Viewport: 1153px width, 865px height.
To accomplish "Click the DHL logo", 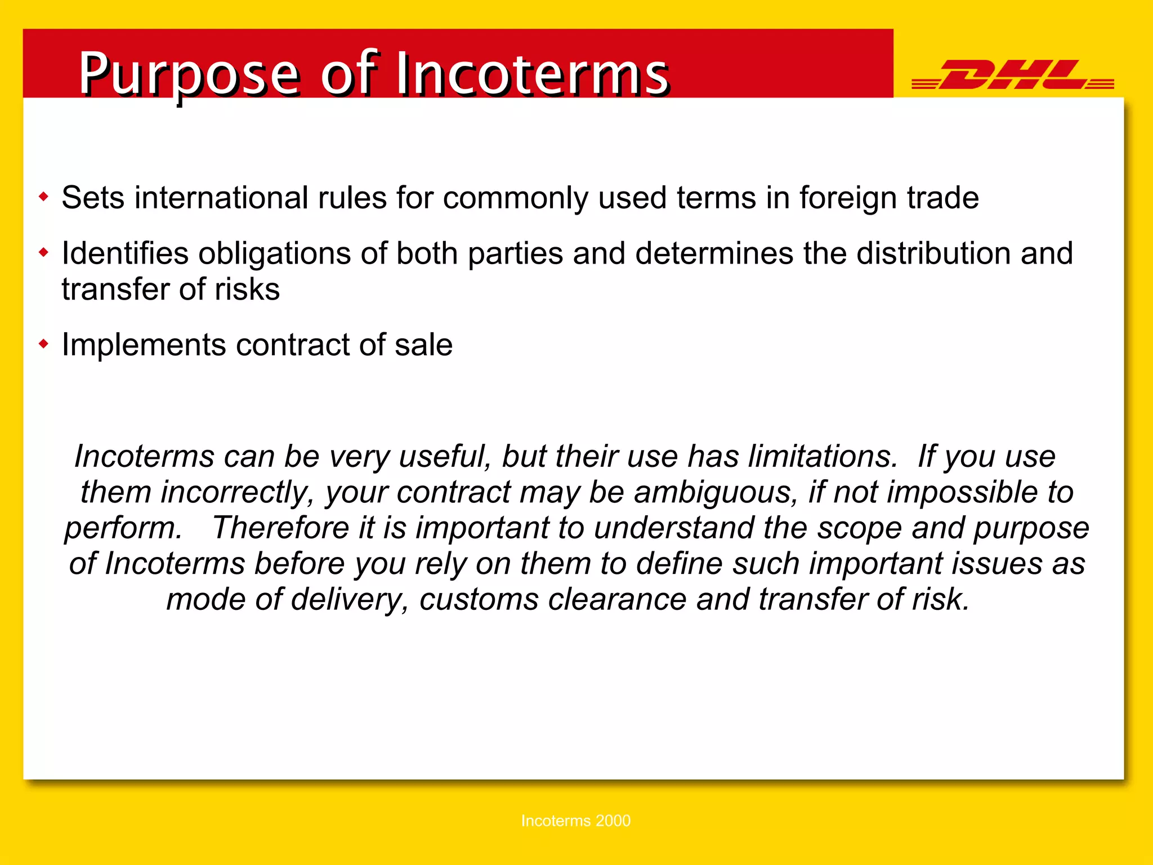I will click(1012, 74).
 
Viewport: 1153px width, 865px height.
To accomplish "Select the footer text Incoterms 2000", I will click(575, 821).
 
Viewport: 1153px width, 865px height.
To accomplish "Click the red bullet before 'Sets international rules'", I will click(44, 197).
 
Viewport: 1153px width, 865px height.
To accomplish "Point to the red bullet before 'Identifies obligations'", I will click(44, 252).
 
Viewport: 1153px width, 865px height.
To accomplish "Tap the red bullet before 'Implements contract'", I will click(44, 344).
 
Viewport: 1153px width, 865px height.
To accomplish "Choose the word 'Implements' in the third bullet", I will click(144, 345).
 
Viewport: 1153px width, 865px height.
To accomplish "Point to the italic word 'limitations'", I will click(822, 456).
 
